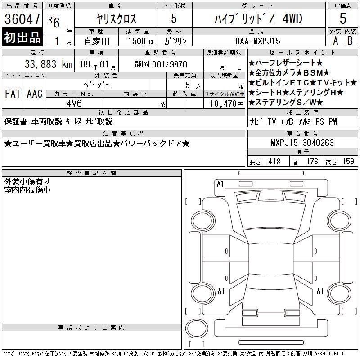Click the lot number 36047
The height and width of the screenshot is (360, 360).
tap(22, 19)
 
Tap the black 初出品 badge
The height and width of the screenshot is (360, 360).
tap(22, 37)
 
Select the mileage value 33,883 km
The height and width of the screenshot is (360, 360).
tap(49, 64)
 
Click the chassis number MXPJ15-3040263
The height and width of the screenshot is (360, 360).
tap(302, 143)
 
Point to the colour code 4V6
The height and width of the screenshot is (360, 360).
tap(74, 103)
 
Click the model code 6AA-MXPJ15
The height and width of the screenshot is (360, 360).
tap(258, 41)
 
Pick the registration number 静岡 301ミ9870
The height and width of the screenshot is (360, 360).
tap(161, 64)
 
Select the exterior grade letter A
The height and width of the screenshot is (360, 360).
tap(335, 41)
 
